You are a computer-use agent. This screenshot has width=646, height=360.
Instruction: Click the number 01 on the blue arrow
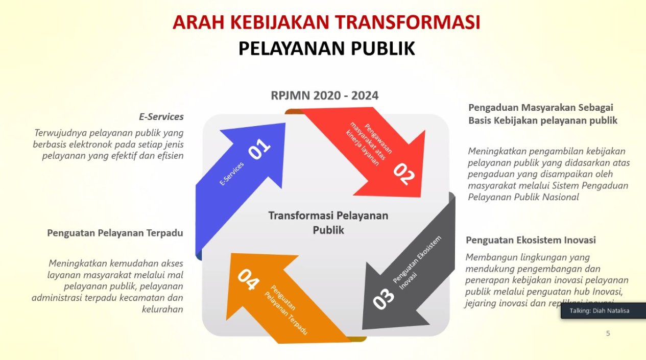coord(259,149)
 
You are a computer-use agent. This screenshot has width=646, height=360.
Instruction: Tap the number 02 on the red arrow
coord(404,174)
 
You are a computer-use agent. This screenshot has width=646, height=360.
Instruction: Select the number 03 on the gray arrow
coord(384,299)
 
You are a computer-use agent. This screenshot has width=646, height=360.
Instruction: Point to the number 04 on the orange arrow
coord(248,279)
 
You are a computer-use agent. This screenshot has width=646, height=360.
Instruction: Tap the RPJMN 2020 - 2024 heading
coord(324,95)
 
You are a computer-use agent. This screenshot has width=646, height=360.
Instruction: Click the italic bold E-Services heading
coord(161,116)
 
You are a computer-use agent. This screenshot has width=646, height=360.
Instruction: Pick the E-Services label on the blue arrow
coord(231,174)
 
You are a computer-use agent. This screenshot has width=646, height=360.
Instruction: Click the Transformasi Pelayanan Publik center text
coord(328,223)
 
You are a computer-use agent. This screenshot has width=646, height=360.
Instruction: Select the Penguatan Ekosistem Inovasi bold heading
coord(531,240)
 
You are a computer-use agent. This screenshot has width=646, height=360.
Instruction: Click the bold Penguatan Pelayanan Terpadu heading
coord(115,233)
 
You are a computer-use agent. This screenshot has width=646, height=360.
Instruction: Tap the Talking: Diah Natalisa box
coord(603,310)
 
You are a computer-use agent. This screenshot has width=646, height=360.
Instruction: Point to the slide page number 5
coord(608,333)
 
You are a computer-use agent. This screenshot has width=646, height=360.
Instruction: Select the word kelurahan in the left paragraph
coord(162,309)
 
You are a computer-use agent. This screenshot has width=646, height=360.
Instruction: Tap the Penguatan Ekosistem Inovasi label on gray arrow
coord(417,263)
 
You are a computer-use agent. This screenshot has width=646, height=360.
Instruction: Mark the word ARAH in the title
coord(199,22)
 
